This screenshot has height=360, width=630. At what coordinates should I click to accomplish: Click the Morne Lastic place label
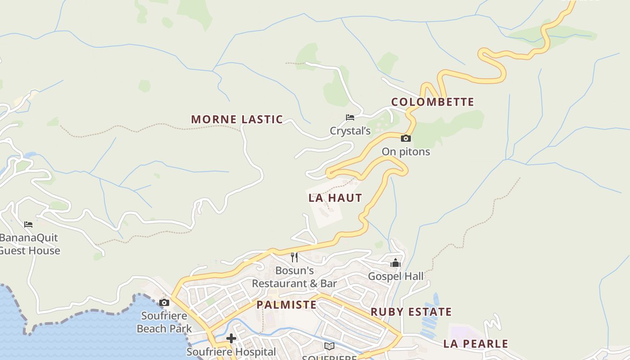pos(237,119)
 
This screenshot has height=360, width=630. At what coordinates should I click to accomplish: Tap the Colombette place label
pos(432,102)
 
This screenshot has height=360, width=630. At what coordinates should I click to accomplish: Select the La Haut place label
pos(335,198)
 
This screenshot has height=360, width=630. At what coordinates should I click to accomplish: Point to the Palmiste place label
pos(287,305)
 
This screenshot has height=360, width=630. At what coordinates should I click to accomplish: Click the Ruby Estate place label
pos(411,312)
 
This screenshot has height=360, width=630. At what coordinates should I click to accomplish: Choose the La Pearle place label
pos(476,344)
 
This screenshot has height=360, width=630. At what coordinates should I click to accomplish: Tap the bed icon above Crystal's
pos(350,117)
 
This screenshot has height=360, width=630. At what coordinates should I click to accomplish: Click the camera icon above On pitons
pos(406,138)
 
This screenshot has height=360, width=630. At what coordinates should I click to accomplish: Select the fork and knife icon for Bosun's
pos(294,257)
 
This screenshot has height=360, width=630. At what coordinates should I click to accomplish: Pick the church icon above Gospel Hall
pos(396,262)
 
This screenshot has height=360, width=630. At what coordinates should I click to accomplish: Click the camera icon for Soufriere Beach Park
pos(164,302)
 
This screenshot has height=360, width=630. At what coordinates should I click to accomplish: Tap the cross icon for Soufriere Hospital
pos(231,338)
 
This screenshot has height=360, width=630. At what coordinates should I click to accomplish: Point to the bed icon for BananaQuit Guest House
pos(28,224)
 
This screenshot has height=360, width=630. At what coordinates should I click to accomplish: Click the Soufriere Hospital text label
pos(231,352)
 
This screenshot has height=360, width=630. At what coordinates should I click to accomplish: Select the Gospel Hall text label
pos(396,276)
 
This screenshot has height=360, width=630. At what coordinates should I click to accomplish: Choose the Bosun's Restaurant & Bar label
pos(294,277)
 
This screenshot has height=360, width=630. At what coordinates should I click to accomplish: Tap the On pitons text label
pos(406,152)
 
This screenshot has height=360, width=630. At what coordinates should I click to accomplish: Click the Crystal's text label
pos(350,131)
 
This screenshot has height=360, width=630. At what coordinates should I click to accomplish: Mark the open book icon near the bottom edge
pos(329,346)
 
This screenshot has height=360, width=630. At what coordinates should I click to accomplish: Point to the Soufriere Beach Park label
pos(164,322)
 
